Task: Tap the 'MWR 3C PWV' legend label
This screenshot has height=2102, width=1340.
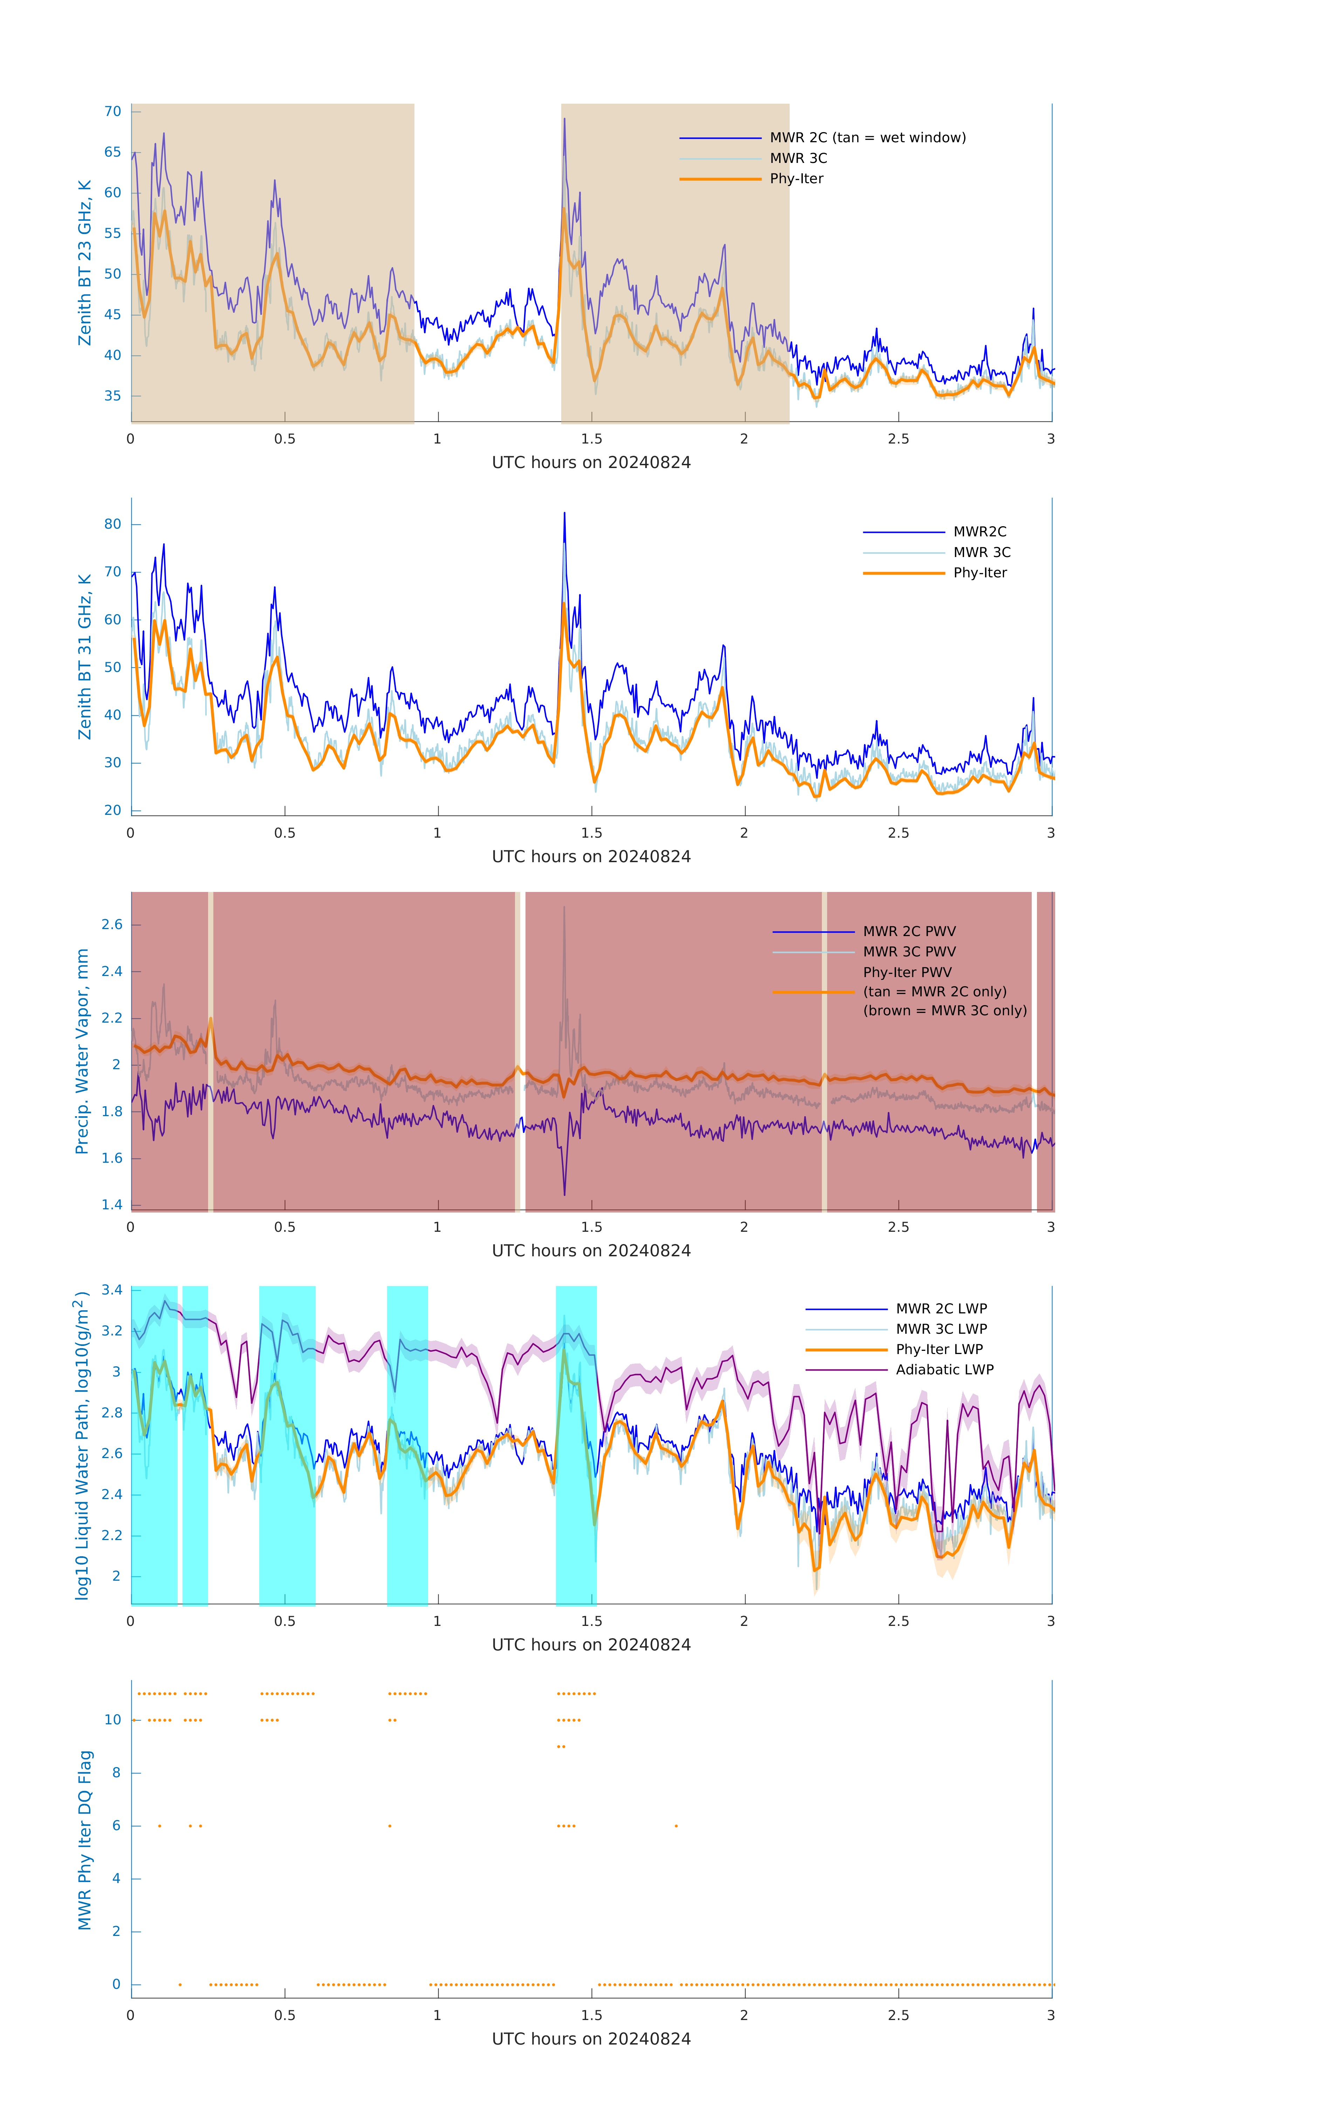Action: coord(909,952)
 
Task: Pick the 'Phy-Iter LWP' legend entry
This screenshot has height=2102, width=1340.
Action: coord(939,1349)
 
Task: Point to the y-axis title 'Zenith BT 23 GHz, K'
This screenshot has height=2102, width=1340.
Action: coord(85,263)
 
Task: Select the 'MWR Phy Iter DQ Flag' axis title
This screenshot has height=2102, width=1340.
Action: coord(85,1840)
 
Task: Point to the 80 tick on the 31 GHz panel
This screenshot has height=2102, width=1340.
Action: coord(112,525)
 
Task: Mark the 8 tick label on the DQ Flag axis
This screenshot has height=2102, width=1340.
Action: coord(116,1773)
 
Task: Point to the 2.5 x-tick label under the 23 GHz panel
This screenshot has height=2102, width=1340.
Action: coord(898,439)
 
